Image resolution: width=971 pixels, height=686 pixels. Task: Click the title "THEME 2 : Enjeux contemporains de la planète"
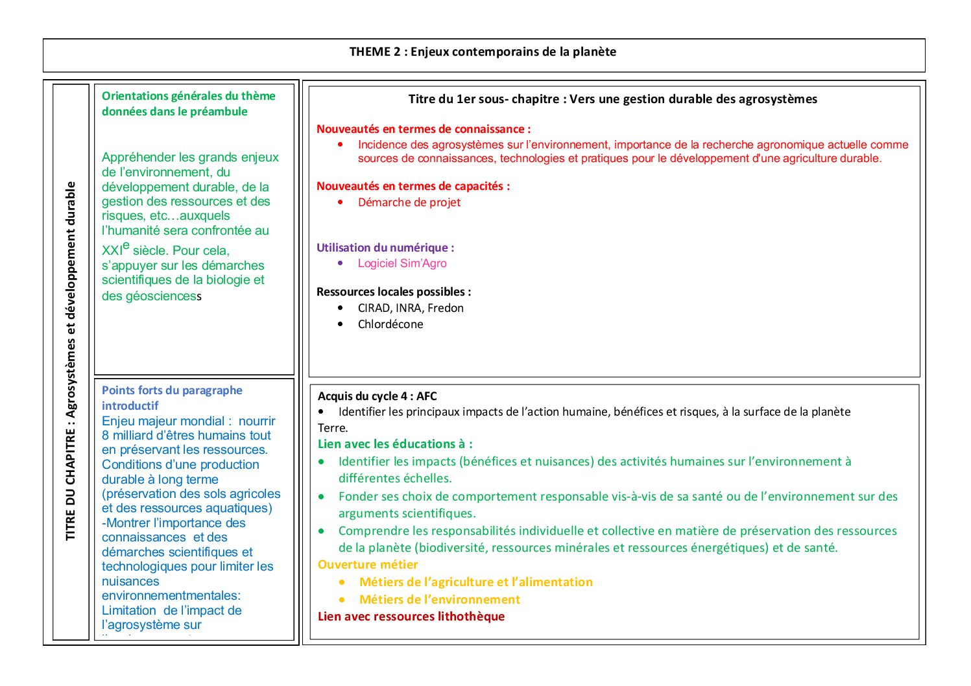click(483, 52)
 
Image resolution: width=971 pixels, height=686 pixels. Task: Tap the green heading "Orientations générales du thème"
click(188, 96)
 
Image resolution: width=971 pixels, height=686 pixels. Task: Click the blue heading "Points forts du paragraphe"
click(172, 390)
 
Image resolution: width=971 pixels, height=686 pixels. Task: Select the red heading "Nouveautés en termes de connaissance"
click(423, 129)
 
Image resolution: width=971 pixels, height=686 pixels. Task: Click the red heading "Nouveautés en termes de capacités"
click(413, 186)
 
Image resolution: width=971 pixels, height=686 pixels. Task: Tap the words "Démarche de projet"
click(409, 202)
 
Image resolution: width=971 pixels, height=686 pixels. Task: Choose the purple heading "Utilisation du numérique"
click(385, 248)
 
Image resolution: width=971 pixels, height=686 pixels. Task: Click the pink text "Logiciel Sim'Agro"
click(402, 263)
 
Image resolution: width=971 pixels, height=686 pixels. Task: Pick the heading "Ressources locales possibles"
click(393, 292)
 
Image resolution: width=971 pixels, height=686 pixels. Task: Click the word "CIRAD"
click(374, 308)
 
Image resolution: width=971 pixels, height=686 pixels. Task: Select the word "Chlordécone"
click(390, 324)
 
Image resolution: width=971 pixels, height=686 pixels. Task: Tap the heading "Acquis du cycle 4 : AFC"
click(377, 396)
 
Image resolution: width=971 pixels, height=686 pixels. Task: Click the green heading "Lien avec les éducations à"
click(394, 444)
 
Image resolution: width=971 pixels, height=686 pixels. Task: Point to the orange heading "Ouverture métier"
click(368, 565)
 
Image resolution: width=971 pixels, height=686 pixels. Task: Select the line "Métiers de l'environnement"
click(439, 600)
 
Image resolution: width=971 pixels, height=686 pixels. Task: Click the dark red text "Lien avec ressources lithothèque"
click(411, 617)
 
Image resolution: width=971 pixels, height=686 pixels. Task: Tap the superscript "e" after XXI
click(126, 246)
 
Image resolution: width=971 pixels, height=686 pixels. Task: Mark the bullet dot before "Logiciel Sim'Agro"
click(341, 263)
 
